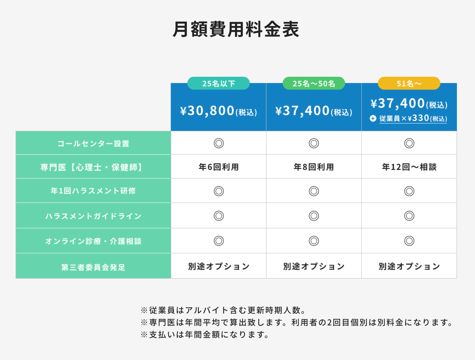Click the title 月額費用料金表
click(236, 29)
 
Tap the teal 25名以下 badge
click(218, 83)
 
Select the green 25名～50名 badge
click(314, 83)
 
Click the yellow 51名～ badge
click(409, 83)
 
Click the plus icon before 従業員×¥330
click(373, 119)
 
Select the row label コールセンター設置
click(93, 144)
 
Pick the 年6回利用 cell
click(218, 167)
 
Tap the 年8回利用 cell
click(314, 167)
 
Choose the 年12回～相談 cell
click(409, 167)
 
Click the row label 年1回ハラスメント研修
click(93, 191)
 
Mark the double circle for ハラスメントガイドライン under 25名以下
click(219, 216)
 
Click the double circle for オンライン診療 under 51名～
click(409, 241)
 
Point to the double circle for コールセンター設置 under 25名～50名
click(314, 143)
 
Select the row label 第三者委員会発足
click(93, 267)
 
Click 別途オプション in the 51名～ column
click(409, 266)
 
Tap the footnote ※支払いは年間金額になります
click(205, 335)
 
